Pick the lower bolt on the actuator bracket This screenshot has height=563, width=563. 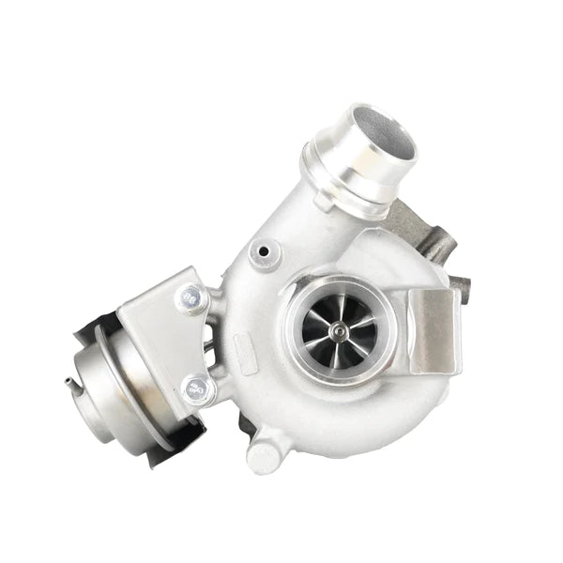tap(197, 386)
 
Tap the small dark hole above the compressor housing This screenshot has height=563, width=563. tap(265, 251)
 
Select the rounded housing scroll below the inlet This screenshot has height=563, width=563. tap(347, 413)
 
